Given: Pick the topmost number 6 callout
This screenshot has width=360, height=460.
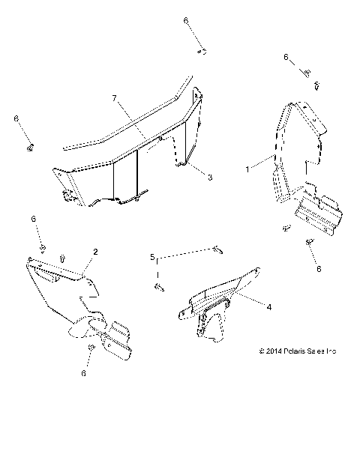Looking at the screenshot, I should [x=185, y=22].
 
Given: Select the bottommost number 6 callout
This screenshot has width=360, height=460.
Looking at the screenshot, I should [x=83, y=372].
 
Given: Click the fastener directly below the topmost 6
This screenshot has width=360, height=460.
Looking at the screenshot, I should [x=202, y=51].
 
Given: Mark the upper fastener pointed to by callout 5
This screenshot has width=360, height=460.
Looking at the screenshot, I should [x=217, y=248].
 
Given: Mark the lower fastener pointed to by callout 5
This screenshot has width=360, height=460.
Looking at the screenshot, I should [x=159, y=285].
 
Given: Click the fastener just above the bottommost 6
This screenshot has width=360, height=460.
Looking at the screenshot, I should [x=91, y=350].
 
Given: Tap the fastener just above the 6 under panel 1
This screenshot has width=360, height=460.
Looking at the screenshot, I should [x=309, y=241].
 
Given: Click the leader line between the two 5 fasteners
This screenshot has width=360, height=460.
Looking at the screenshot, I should [x=187, y=252].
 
